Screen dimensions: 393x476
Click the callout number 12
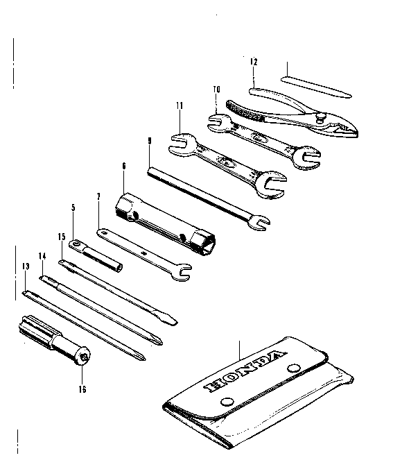pos(254,62)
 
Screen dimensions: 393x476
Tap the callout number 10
pos(216,90)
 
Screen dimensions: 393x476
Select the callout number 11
pos(180,105)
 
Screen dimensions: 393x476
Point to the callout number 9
pos(150,141)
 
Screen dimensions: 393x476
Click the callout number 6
pos(123,166)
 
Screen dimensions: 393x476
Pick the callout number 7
pos(98,196)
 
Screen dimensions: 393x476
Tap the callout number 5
pos(73,207)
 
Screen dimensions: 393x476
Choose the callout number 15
pos(62,237)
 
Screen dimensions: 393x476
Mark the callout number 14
pos(42,256)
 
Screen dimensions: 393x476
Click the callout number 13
pos(26,266)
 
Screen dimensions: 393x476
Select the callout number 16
pos(82,389)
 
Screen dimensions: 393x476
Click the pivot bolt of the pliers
pos(321,117)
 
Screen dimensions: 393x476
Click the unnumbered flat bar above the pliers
pos(316,87)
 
